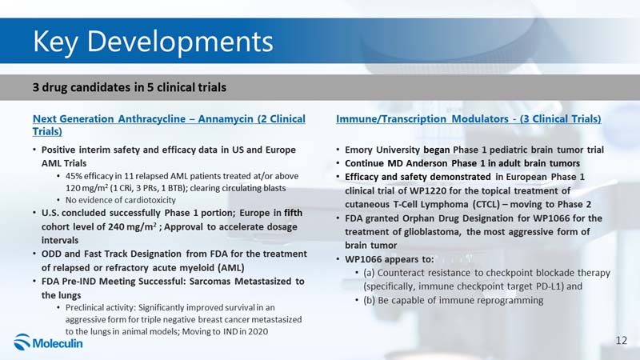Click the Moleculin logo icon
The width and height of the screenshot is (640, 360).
point(22,342)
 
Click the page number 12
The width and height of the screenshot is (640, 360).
point(622,341)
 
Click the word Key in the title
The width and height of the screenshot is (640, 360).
point(54,42)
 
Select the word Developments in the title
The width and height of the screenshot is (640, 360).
point(180,41)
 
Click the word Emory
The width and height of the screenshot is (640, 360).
point(358,150)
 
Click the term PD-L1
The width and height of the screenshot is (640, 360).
point(550,286)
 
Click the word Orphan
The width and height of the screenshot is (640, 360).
point(417,218)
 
